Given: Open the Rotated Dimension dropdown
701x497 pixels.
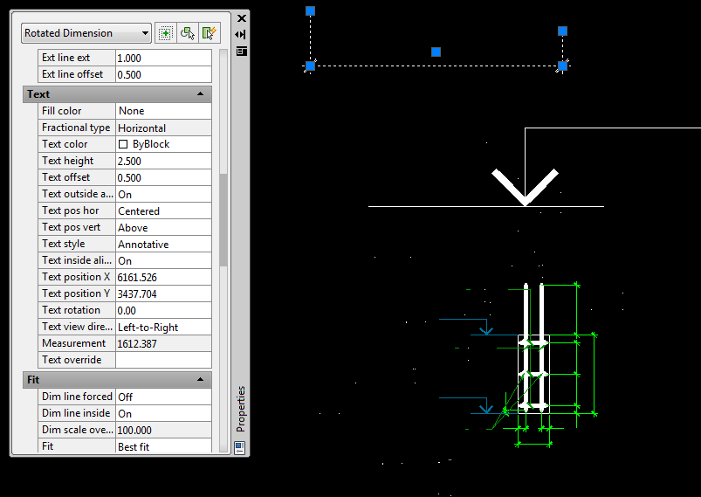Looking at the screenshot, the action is tap(86, 33).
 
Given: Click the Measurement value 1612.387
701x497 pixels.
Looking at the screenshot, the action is tap(137, 343).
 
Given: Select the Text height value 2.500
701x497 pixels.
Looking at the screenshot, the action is tap(129, 161).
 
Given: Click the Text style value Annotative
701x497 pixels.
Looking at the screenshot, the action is tap(143, 245).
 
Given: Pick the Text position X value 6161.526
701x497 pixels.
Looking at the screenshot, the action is tap(137, 278).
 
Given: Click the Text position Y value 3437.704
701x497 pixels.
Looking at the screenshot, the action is tap(137, 293).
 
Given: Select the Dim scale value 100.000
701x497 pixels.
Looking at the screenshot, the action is tap(134, 431).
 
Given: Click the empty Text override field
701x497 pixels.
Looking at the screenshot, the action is tap(163, 360).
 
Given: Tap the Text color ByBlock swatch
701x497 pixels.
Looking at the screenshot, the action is tap(123, 144).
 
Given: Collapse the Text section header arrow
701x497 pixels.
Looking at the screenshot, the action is tap(200, 94).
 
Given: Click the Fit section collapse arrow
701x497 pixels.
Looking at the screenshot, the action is tap(200, 380).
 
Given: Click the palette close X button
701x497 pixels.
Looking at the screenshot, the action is tap(242, 18).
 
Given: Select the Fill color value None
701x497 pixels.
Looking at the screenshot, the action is tap(132, 111).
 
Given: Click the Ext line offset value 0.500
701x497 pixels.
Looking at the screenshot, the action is tap(129, 75).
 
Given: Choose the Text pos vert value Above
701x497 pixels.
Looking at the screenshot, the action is tap(133, 228).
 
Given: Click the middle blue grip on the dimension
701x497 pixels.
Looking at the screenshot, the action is tap(436, 52).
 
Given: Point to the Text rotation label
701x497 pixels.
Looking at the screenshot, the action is tap(71, 310).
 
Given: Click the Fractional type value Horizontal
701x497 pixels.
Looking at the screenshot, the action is tap(141, 128).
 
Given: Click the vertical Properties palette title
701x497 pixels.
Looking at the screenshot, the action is tap(241, 409).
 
